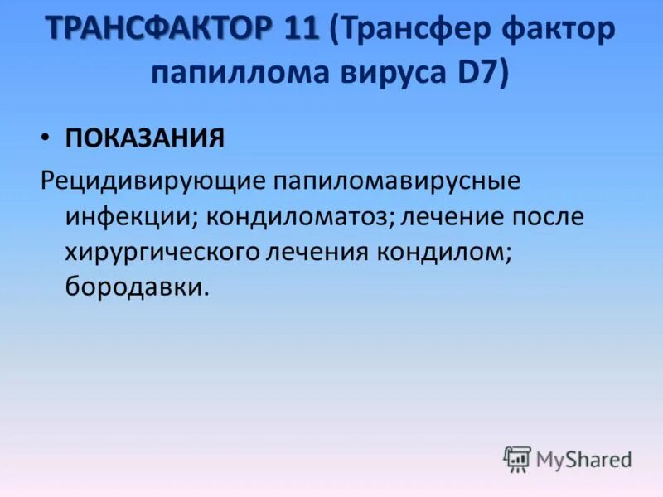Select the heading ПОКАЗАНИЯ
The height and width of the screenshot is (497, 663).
145,138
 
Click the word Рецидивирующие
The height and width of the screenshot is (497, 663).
151,181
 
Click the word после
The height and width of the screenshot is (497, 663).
544,218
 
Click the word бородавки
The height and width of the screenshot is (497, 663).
133,288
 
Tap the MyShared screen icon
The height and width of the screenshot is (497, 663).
517,458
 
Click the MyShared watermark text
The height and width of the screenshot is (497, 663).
583,459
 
